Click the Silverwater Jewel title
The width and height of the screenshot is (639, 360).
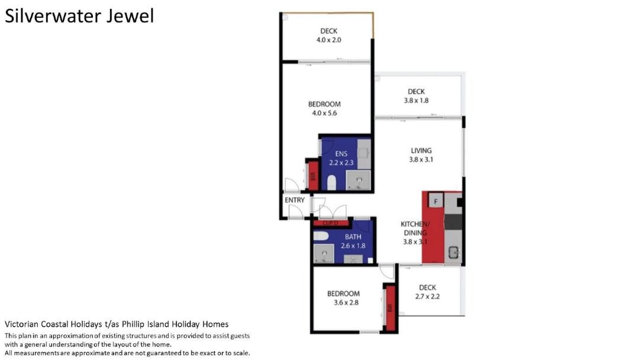79,17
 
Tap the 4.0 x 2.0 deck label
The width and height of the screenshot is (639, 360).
329,36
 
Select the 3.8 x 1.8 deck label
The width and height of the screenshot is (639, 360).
416,97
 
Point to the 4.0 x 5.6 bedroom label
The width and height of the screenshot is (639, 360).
324,109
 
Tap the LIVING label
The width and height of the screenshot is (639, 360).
421,151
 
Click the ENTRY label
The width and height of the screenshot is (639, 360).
295,200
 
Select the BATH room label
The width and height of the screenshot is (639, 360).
353,237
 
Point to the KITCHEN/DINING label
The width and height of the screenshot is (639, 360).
414,229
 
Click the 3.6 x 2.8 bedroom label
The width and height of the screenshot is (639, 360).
343,298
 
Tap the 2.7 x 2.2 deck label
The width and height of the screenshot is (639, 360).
428,292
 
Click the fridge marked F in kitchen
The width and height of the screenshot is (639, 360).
435,201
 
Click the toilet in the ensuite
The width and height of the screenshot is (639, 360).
332,182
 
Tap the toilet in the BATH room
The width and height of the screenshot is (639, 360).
321,236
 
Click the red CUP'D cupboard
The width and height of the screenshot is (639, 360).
331,223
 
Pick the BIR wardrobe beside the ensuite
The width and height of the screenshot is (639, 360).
313,176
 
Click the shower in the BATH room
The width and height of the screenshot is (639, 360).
324,253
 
